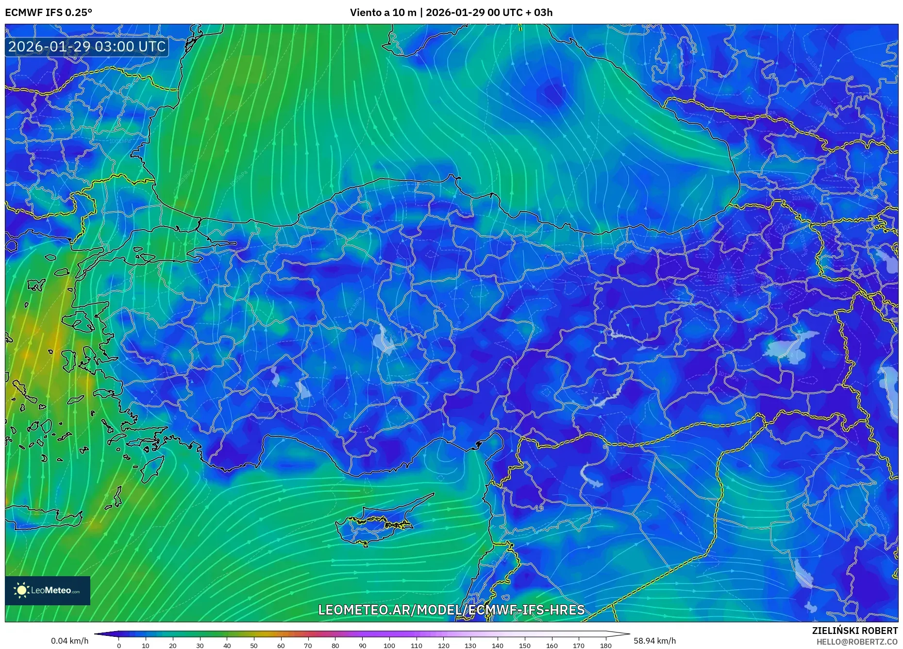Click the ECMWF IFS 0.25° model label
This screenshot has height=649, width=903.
pyautogui.click(x=49, y=13)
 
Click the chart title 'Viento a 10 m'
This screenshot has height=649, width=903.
pyautogui.click(x=383, y=13)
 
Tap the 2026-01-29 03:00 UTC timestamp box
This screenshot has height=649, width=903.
pyautogui.click(x=87, y=47)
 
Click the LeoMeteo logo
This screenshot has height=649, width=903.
pyautogui.click(x=48, y=590)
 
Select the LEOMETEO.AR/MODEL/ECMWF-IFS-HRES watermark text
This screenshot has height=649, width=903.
pyautogui.click(x=451, y=610)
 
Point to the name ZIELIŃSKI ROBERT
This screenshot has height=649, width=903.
pyautogui.click(x=854, y=631)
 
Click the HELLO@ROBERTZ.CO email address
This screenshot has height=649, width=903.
pyautogui.click(x=857, y=642)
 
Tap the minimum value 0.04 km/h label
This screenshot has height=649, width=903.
pyautogui.click(x=69, y=641)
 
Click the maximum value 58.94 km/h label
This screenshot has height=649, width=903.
pyautogui.click(x=654, y=641)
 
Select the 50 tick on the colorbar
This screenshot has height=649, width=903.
pyautogui.click(x=254, y=645)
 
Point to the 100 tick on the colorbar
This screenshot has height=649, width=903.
pyautogui.click(x=389, y=645)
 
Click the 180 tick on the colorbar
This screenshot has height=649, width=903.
pyautogui.click(x=605, y=645)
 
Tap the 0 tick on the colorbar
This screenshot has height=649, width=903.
pyautogui.click(x=119, y=645)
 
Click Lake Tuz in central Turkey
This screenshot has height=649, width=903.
pyautogui.click(x=386, y=340)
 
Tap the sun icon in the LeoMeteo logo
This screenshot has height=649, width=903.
pyautogui.click(x=21, y=590)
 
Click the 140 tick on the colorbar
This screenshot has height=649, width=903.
pyautogui.click(x=497, y=645)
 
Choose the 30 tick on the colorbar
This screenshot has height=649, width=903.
pyautogui.click(x=200, y=645)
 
